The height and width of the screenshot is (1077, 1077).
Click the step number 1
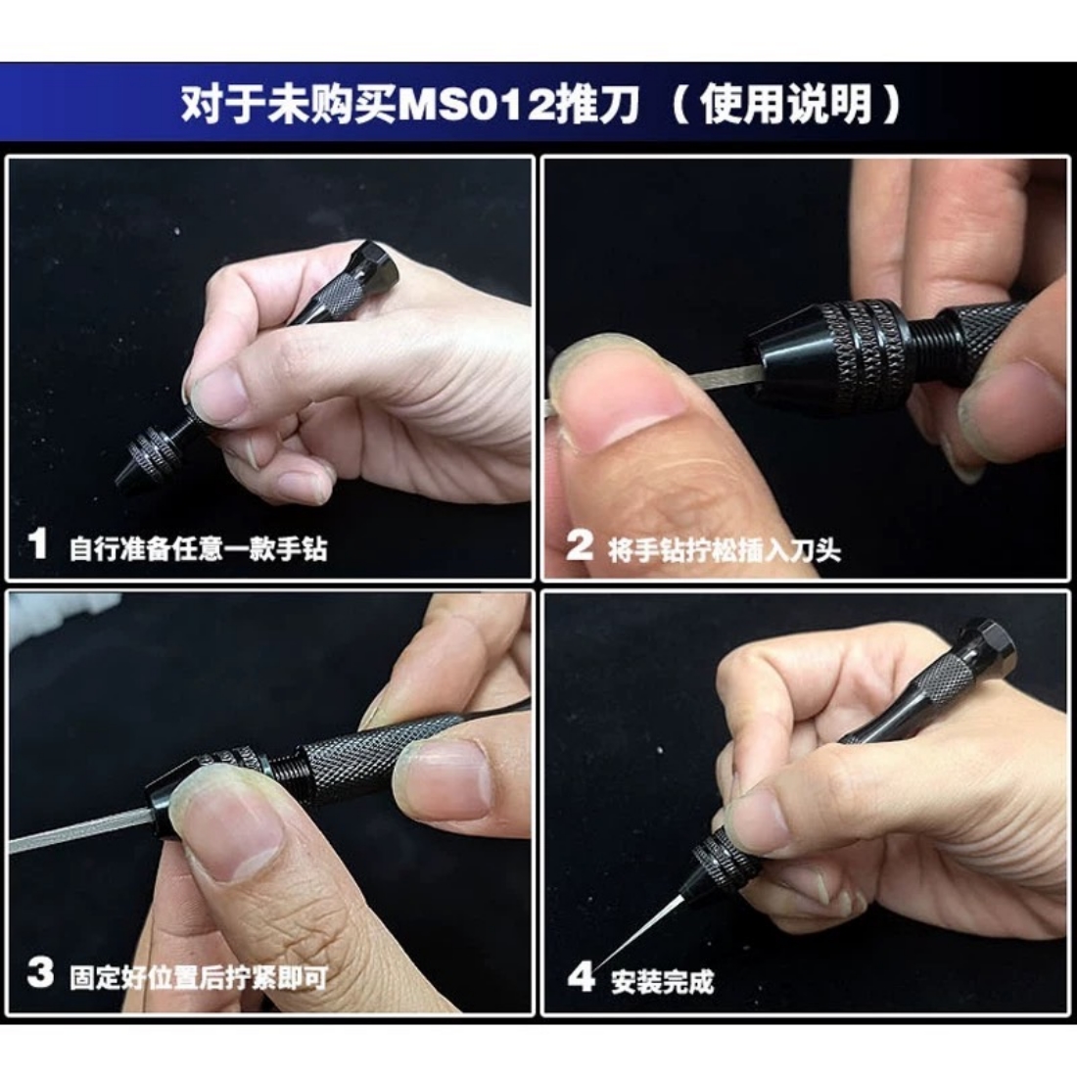tap(37, 544)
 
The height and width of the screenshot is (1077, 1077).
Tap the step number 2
tap(579, 546)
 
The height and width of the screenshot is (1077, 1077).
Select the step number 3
tap(40, 972)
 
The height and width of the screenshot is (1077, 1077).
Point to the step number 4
tap(581, 975)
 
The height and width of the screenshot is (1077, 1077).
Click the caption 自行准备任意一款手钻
tap(199, 548)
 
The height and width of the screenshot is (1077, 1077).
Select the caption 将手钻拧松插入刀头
tap(724, 550)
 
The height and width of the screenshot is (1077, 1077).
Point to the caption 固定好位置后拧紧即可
tap(199, 977)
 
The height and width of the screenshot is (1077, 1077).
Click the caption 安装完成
tap(663, 981)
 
